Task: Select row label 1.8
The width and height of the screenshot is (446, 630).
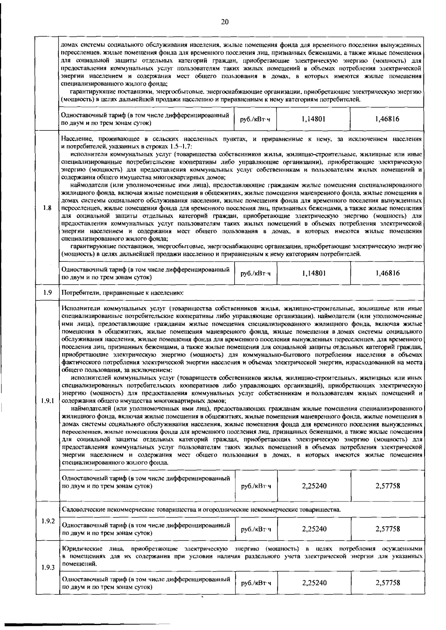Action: coord(47,208)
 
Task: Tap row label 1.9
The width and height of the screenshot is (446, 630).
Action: coord(47,292)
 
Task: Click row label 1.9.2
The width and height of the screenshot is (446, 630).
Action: coord(48,521)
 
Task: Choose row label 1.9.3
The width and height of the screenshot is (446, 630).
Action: coord(48,568)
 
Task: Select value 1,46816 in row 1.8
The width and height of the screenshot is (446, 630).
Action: coord(388,273)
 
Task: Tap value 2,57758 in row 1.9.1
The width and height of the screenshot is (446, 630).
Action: coord(388,486)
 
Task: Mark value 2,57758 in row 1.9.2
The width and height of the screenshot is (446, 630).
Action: coord(388,529)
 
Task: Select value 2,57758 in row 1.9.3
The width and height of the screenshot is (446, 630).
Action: coord(388,583)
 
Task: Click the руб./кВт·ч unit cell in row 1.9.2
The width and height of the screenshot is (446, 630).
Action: coord(256,529)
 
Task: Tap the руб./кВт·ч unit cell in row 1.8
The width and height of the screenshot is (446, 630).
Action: coord(256,273)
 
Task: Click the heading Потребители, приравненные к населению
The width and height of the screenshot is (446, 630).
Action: coord(123,293)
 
